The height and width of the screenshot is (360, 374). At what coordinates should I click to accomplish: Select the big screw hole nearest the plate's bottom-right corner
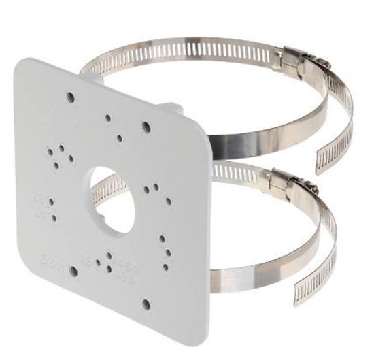coord(146,304)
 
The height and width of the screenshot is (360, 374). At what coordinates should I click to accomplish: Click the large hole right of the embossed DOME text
coord(73,271)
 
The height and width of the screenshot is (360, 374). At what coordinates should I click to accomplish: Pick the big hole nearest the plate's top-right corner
coord(146,127)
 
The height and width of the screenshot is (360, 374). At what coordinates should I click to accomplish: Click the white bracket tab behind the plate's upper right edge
coord(174,109)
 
